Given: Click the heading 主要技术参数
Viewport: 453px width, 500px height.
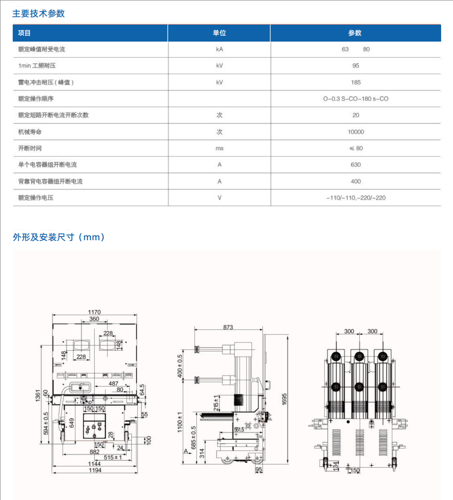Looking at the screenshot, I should click(38, 14).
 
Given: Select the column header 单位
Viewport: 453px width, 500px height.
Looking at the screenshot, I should click(219, 33).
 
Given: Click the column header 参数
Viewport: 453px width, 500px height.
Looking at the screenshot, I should click(355, 33).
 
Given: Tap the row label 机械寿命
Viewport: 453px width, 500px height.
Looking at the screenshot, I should click(30, 132).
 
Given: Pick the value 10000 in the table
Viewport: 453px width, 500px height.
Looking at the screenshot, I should click(356, 132).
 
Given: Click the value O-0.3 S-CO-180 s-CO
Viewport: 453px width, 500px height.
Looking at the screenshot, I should click(356, 99).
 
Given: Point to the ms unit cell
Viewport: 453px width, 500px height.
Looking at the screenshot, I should click(219, 149).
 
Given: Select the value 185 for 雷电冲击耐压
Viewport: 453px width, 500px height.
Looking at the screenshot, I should click(356, 82).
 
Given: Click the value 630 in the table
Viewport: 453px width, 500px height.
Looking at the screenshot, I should click(356, 165).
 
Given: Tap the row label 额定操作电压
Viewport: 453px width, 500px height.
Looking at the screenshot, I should click(36, 198).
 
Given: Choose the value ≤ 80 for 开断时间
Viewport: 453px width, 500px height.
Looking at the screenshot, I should click(356, 149).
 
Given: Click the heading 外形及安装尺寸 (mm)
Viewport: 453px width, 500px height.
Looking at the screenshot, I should click(59, 237).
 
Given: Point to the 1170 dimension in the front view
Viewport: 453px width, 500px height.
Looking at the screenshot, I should click(94, 312).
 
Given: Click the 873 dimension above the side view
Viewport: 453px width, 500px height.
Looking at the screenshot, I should click(228, 327).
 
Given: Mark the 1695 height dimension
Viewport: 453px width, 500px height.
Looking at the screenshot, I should click(284, 399).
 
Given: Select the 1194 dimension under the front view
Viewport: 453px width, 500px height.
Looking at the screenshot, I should click(95, 470).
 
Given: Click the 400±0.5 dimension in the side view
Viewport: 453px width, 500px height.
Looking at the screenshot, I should click(180, 366).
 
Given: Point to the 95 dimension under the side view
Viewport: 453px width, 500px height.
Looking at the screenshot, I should click(259, 470).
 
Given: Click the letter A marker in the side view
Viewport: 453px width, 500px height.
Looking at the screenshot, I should click(186, 451).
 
